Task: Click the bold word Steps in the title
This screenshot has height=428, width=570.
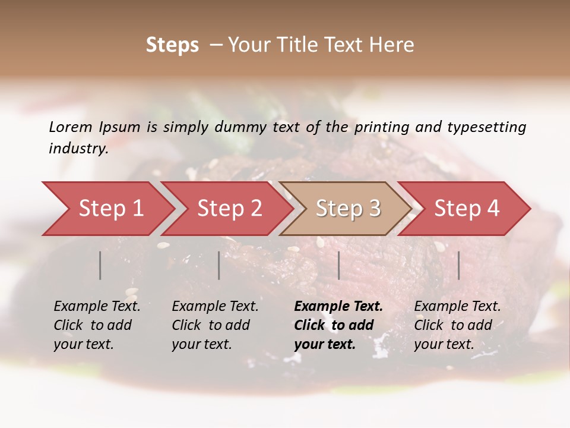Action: [x=172, y=45]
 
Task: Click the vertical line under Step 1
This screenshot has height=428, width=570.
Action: [x=100, y=265]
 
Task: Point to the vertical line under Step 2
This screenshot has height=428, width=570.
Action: [x=219, y=265]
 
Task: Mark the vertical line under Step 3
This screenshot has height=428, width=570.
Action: [x=339, y=265]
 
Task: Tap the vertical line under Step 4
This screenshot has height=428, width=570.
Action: [x=459, y=265]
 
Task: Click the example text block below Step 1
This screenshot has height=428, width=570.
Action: [x=97, y=325]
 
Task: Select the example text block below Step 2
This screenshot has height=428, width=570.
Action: [x=215, y=325]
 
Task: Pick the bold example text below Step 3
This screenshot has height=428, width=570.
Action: [x=338, y=325]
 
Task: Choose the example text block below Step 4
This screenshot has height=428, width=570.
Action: [x=457, y=325]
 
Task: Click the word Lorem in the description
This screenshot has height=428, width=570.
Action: [x=71, y=127]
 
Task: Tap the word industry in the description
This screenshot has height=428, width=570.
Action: [x=78, y=149]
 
